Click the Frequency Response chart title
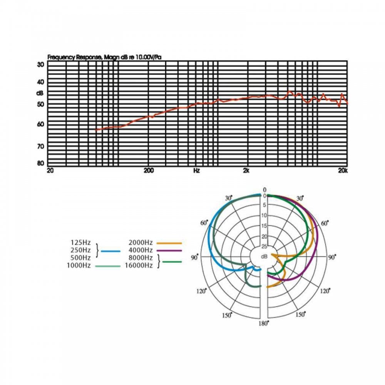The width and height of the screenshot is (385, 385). (104, 57)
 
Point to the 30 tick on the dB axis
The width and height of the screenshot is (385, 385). (40, 65)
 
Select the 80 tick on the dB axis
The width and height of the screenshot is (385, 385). (40, 163)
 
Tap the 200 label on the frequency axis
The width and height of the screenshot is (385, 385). (149, 171)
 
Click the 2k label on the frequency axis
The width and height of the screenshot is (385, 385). (246, 171)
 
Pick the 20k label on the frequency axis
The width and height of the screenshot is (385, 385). (343, 171)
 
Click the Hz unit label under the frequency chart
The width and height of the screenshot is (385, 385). (196, 171)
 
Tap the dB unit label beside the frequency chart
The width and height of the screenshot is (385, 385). (40, 93)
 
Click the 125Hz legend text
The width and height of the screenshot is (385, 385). (81, 243)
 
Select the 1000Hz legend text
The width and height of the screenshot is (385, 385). (79, 265)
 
